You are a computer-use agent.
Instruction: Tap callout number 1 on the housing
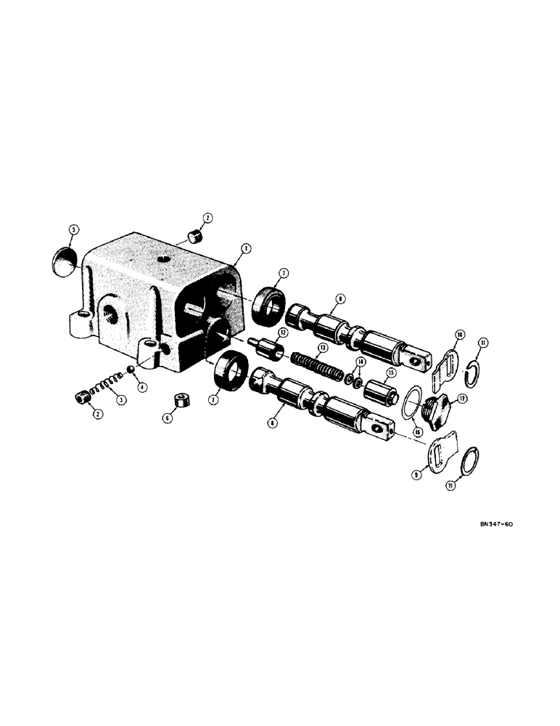tap(246, 248)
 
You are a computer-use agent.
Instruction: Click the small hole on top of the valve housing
tap(164, 259)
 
